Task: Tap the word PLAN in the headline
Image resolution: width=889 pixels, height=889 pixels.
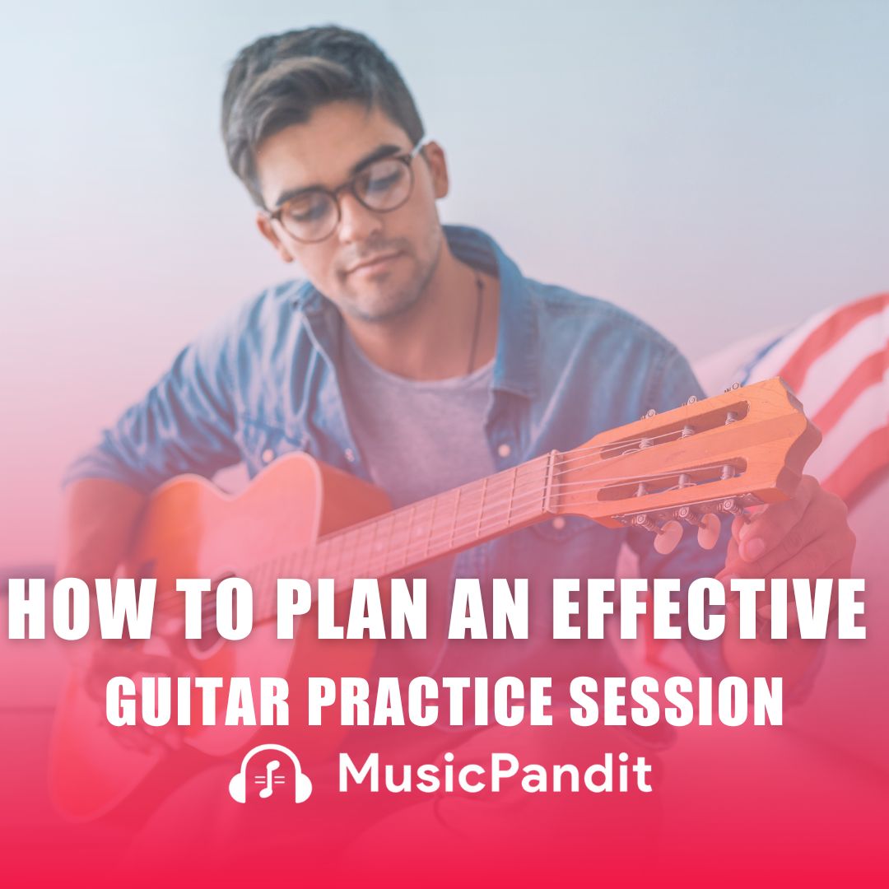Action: tap(320, 612)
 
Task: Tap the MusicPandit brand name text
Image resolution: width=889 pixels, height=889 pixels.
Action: tap(495, 774)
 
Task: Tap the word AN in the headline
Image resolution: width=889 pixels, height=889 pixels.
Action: tap(463, 612)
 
